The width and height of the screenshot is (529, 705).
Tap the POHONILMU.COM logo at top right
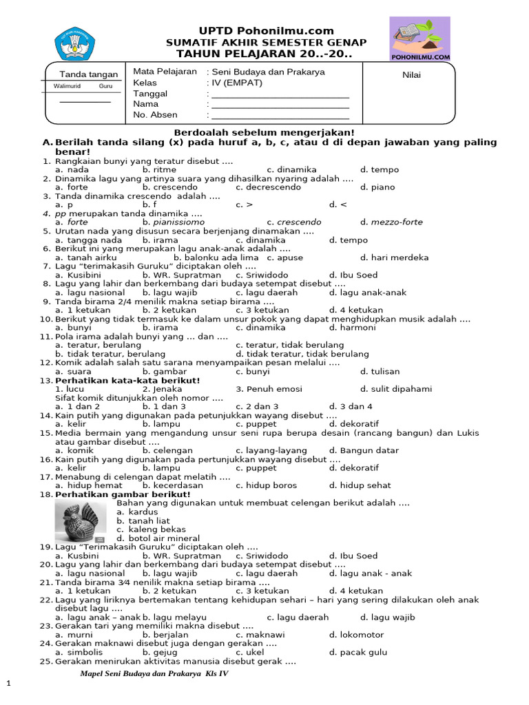click(x=420, y=39)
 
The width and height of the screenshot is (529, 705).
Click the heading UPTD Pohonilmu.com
click(x=267, y=31)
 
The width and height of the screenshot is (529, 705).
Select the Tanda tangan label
click(x=89, y=74)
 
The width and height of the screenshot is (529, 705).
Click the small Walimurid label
click(x=67, y=86)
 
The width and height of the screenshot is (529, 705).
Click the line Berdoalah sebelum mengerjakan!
click(x=264, y=132)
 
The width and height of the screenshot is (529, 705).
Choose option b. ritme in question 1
click(x=160, y=169)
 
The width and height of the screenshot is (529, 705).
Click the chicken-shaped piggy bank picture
click(x=81, y=522)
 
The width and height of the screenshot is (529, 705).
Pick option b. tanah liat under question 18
click(x=143, y=520)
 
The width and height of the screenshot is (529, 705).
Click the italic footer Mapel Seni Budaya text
click(x=154, y=673)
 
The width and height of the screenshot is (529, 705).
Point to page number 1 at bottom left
click(x=9, y=682)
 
